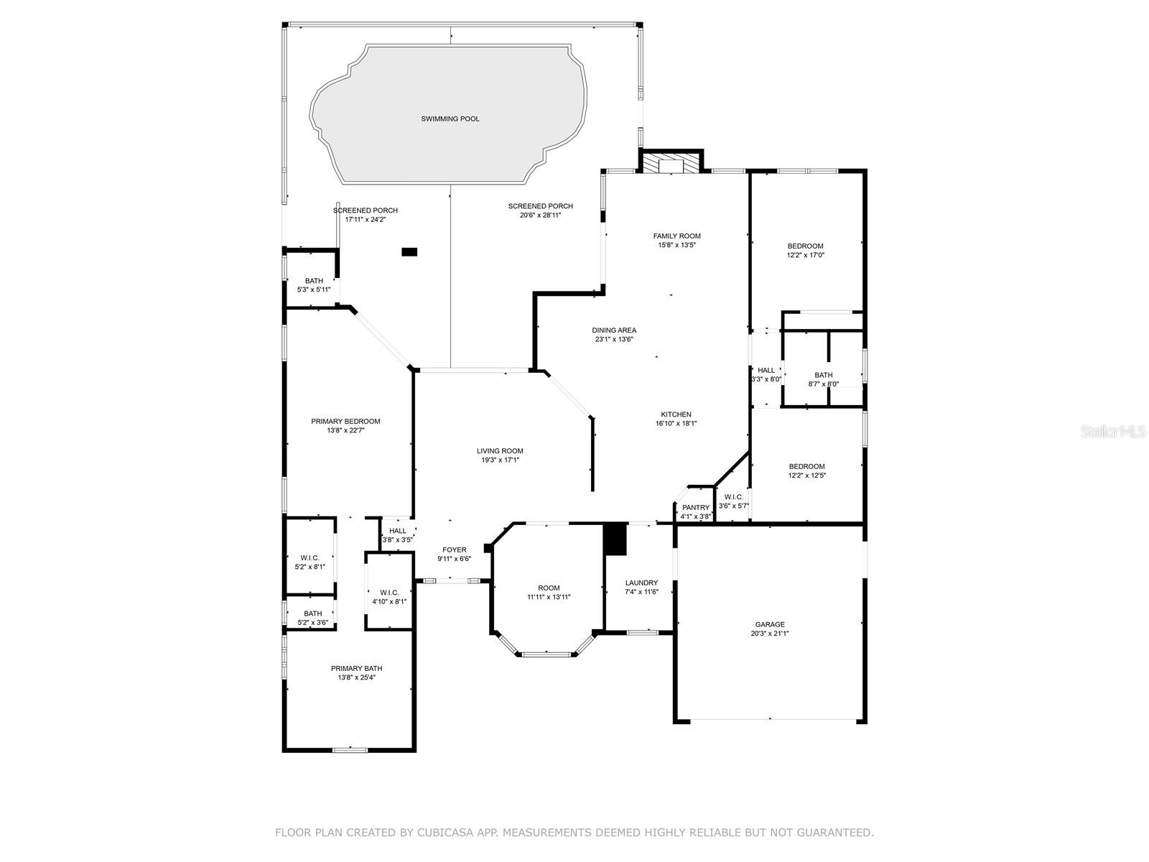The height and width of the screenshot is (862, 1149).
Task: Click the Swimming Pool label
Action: pyautogui.click(x=450, y=119)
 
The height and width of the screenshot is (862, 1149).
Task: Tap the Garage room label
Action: pyautogui.click(x=770, y=624)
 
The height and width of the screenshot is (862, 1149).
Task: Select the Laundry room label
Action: pyautogui.click(x=641, y=583)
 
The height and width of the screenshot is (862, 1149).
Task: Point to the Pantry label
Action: pyautogui.click(x=696, y=508)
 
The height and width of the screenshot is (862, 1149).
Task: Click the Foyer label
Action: pyautogui.click(x=455, y=550)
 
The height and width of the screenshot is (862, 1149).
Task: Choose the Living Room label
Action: pyautogui.click(x=500, y=451)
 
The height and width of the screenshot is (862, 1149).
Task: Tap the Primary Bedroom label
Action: pyautogui.click(x=345, y=422)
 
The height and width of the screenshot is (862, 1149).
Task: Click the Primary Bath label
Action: pyautogui.click(x=356, y=668)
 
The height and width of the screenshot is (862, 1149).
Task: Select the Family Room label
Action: pyautogui.click(x=677, y=236)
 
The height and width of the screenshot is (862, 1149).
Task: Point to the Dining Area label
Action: pyautogui.click(x=614, y=330)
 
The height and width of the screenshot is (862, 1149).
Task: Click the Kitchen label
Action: pyautogui.click(x=676, y=414)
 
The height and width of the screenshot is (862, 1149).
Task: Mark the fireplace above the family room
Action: pyautogui.click(x=671, y=163)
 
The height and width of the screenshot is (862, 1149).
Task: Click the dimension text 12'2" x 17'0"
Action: pyautogui.click(x=805, y=256)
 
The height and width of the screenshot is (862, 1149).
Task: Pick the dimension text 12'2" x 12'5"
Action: pyautogui.click(x=806, y=476)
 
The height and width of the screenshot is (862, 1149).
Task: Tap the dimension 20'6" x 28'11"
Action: pyautogui.click(x=540, y=215)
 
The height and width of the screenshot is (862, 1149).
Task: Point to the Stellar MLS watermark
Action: pyautogui.click(x=1112, y=432)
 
